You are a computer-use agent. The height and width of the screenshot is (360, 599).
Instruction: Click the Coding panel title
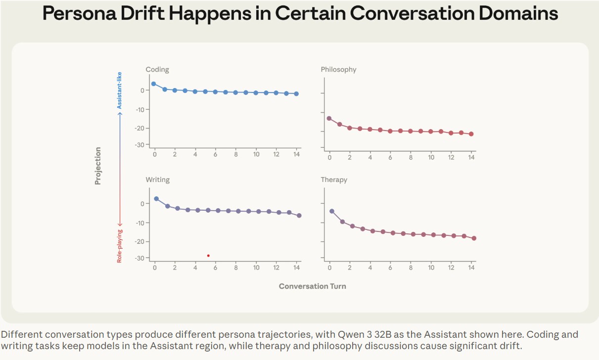pos(157,70)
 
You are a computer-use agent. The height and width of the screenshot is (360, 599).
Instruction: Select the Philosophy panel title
pos(338,70)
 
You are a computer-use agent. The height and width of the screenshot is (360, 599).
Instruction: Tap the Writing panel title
pos(157,180)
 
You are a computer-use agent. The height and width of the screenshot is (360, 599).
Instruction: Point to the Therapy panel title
pos(334,180)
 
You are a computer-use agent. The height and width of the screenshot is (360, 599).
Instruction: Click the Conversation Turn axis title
pos(312,286)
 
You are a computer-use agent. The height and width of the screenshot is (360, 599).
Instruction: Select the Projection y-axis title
pos(98,166)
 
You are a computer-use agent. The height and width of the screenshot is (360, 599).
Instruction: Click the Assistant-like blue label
pos(119,90)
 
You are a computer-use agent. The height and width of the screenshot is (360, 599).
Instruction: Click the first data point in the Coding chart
pos(153,84)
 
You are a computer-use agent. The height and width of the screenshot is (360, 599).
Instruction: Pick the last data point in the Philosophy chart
pos(471,134)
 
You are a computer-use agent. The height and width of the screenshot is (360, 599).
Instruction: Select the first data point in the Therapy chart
pos(332,211)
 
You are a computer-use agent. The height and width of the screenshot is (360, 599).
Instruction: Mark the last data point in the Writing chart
pos(299,216)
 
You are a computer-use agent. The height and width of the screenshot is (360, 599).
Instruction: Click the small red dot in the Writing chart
pos(208,256)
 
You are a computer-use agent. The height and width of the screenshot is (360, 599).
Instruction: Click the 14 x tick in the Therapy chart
pos(471,268)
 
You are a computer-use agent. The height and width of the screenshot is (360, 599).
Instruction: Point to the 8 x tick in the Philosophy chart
pos(411,157)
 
